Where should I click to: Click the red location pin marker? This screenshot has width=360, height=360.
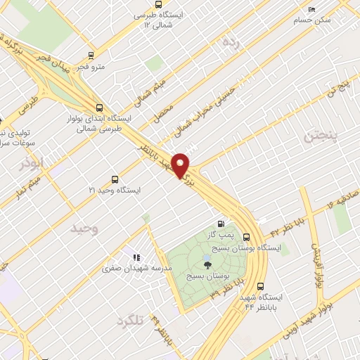181,165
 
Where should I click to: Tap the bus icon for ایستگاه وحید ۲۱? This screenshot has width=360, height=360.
115,179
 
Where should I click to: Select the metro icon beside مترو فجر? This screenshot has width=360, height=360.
91,55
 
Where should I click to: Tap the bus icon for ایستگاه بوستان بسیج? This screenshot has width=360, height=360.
247,237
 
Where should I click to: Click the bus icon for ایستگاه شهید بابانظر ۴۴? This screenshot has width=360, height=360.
261,286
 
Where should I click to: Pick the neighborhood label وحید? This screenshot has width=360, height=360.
85,228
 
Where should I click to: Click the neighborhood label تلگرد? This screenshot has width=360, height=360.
129,320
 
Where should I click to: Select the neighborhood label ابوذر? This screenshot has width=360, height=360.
32,162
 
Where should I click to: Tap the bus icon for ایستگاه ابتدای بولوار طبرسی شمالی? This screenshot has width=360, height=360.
98,108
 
